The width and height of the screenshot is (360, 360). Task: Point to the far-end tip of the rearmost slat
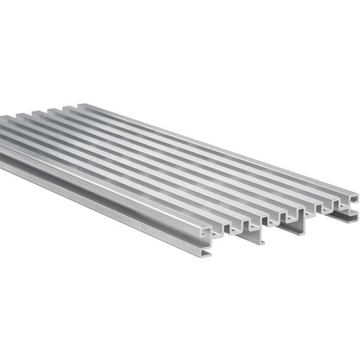point(79,106)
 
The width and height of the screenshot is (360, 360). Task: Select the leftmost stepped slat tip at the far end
point(6,118)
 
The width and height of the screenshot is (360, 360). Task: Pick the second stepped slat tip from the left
point(21,114)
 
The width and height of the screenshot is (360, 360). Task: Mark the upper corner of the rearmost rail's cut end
point(353,191)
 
